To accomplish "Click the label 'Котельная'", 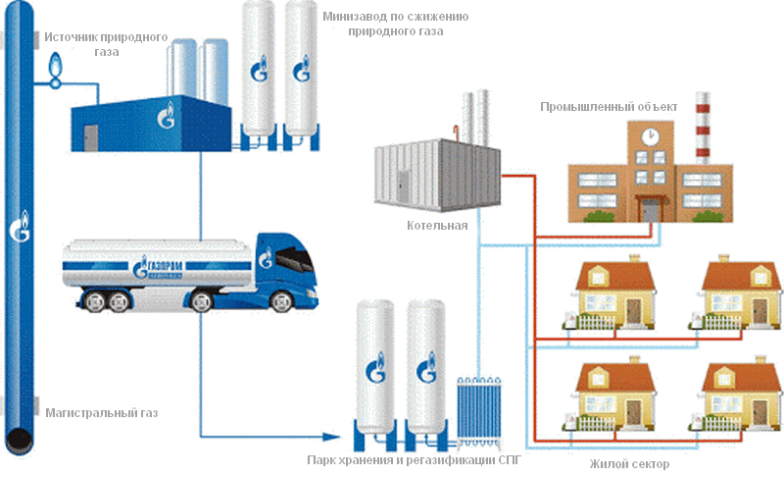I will tap(437, 226).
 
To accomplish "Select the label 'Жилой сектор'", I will tap(630, 464).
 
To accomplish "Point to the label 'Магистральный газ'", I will tap(101, 413).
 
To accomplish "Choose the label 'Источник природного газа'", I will tap(107, 44).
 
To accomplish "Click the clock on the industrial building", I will tap(649, 134).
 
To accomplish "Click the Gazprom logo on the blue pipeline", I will tap(20, 228).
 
